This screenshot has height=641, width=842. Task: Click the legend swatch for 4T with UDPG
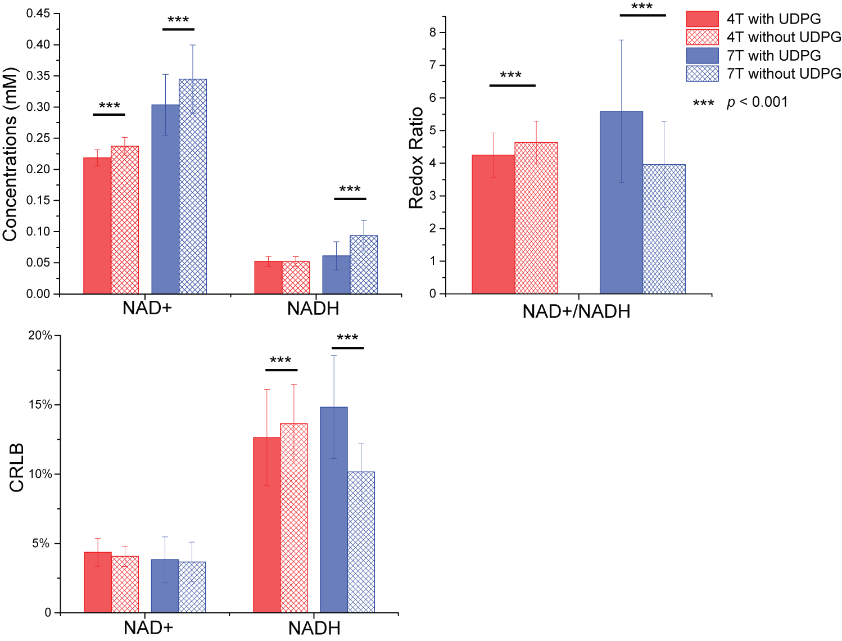[702, 19]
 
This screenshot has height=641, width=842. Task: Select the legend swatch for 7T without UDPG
[702, 74]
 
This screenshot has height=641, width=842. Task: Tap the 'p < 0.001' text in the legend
[757, 102]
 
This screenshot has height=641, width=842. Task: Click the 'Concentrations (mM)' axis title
[10, 155]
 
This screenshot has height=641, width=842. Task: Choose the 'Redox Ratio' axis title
[416, 158]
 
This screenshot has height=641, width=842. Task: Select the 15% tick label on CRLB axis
[40, 405]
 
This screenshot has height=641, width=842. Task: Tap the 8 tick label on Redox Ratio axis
[433, 33]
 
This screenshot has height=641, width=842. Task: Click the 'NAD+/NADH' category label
[576, 312]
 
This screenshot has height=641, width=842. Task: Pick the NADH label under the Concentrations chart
[313, 309]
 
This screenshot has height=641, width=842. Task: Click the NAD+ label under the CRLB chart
[148, 628]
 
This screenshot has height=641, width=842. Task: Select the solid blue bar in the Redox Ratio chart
[621, 202]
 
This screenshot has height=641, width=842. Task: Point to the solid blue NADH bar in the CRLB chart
[334, 509]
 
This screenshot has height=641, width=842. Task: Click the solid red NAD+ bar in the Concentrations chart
[97, 225]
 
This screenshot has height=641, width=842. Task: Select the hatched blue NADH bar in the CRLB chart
[361, 542]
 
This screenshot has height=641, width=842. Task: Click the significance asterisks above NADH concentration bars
[350, 189]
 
